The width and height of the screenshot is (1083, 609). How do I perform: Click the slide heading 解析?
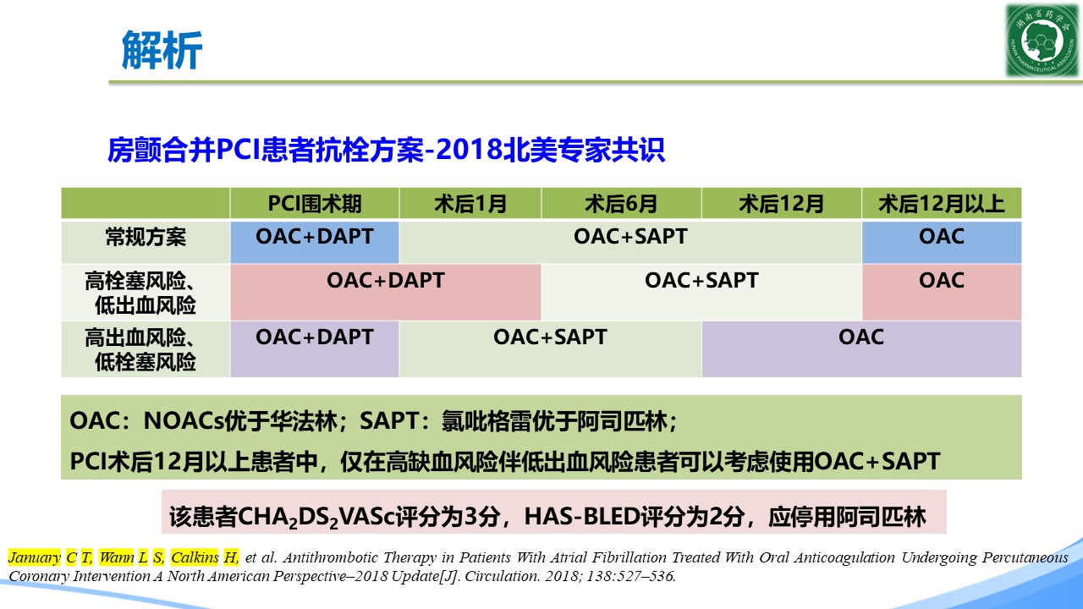point(162,50)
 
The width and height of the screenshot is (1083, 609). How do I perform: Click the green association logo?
point(1042,41)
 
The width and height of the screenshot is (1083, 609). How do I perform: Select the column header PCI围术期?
point(315,204)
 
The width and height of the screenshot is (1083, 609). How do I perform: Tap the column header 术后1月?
point(470,204)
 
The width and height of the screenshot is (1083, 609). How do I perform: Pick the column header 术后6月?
point(621,204)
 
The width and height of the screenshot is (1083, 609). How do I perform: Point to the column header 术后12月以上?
point(942,204)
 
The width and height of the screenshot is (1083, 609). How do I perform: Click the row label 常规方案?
point(146,238)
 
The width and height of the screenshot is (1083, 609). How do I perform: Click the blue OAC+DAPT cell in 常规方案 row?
point(315,242)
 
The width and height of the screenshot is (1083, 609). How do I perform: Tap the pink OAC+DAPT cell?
point(385,292)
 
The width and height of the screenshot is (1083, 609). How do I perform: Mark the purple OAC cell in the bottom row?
point(861,349)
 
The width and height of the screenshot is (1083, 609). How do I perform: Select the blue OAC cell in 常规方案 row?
point(942,242)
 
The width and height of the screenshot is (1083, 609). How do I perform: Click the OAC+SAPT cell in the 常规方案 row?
point(630,242)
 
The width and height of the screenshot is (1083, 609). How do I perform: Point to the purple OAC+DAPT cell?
point(315,349)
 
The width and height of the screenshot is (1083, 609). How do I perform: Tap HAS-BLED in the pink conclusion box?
point(581,517)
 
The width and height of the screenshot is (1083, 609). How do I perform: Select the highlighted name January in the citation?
point(35,557)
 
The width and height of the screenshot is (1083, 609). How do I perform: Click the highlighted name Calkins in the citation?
point(195,557)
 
